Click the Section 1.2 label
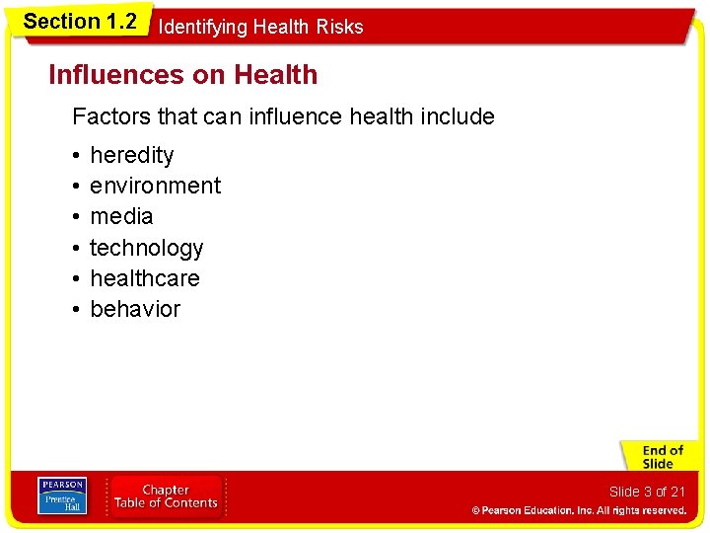(80, 22)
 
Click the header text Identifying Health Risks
(260, 28)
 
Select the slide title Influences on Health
(183, 75)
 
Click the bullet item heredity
(131, 155)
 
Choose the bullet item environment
(155, 186)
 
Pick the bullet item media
(121, 216)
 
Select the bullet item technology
(146, 248)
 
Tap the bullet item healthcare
(144, 278)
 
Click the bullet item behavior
(135, 309)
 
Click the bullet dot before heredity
(76, 156)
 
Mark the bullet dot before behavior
(76, 310)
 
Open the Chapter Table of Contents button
(166, 496)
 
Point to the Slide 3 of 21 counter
(646, 492)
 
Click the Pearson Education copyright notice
(578, 510)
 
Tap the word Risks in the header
(340, 28)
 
